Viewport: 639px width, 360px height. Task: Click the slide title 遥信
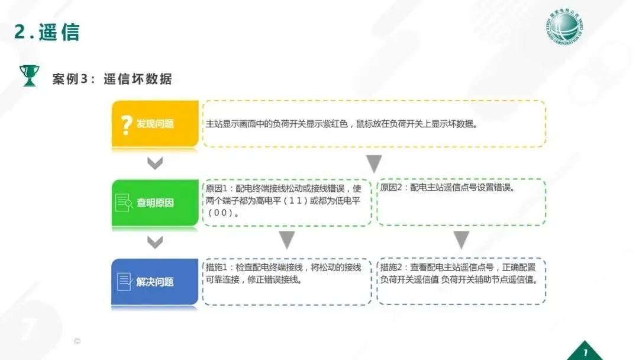point(59,33)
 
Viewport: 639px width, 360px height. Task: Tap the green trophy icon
point(28,76)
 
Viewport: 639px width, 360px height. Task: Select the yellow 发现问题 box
point(155,124)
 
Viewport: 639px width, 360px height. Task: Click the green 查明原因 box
point(155,202)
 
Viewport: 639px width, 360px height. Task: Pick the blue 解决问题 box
point(155,282)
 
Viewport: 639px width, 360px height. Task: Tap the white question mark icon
point(125,124)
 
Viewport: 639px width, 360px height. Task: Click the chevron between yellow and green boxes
point(155,163)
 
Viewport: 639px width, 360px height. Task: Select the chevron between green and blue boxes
point(155,242)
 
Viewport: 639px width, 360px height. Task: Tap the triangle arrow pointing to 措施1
point(287,240)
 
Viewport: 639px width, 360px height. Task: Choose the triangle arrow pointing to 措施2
point(461,240)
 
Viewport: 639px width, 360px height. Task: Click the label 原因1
point(217,188)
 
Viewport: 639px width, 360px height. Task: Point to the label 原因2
point(392,188)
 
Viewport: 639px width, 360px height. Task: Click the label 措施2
point(392,268)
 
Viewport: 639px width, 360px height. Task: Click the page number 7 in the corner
point(585,348)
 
